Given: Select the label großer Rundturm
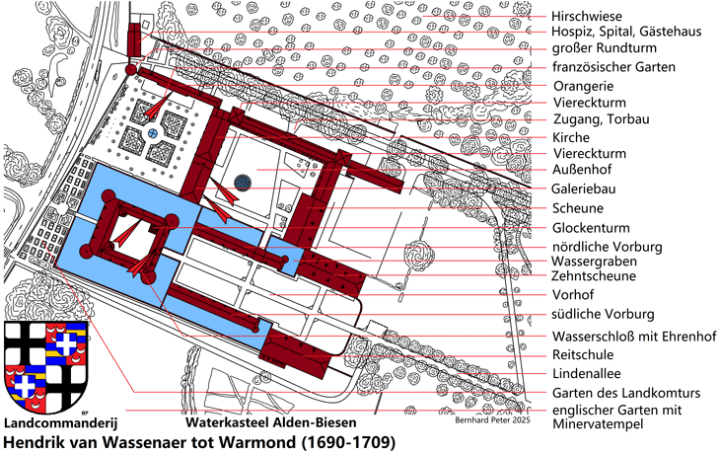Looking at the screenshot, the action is (604, 47).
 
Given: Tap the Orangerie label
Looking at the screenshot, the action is (583, 86).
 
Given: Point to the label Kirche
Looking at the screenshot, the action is (571, 137).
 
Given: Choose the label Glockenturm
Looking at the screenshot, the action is (591, 228).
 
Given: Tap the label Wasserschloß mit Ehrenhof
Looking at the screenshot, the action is (634, 337).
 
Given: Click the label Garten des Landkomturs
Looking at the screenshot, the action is (626, 393).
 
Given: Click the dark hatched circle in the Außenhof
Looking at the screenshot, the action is (243, 183).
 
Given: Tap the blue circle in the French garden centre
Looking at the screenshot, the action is (153, 133).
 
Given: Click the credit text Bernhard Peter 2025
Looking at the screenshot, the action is (492, 420).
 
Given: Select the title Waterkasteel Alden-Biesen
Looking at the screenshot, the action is (271, 422).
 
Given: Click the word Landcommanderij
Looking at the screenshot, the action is (61, 422).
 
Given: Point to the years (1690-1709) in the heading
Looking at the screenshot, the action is (348, 442).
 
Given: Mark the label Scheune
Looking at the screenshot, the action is (578, 208).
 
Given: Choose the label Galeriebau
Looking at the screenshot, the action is (584, 189).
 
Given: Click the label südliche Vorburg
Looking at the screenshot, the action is (603, 314).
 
